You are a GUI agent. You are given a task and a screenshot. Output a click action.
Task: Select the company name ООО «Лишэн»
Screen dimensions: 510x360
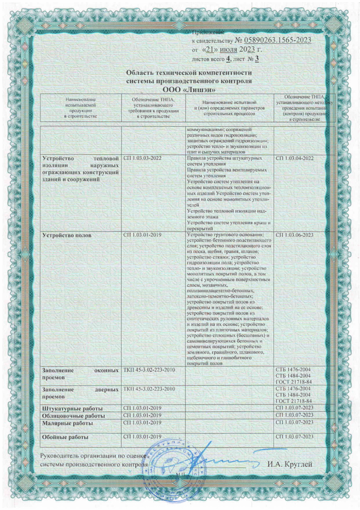(x=189, y=89)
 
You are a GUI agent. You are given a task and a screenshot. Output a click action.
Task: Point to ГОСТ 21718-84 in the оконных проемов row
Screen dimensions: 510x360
(x=293, y=382)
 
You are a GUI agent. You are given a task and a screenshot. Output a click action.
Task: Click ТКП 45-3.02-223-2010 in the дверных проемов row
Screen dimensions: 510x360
(x=149, y=389)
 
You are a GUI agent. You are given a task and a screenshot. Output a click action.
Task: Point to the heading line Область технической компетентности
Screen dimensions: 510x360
(x=189, y=73)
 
